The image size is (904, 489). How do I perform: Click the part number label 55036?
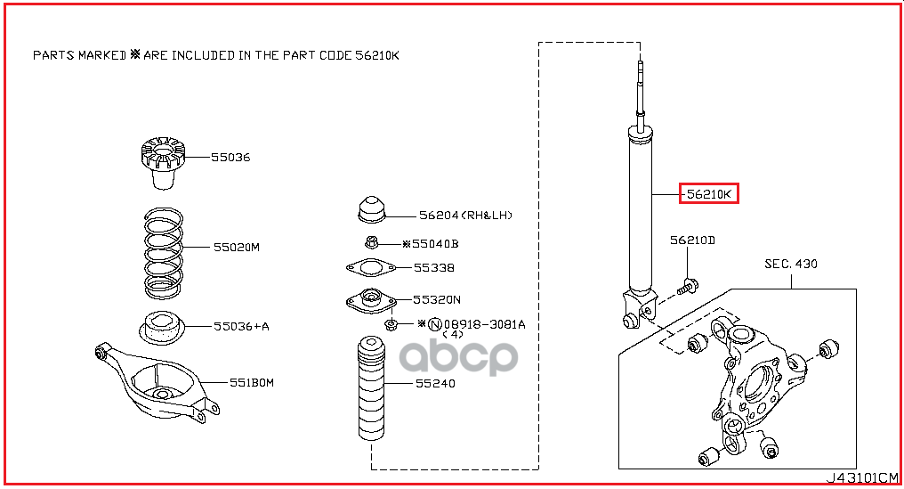click(230, 157)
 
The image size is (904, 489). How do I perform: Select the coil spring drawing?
click(163, 254)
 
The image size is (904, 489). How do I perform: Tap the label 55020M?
click(237, 247)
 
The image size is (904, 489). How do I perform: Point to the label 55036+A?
click(241, 326)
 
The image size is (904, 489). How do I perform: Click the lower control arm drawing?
click(157, 383)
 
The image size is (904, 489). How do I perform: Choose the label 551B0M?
click(252, 382)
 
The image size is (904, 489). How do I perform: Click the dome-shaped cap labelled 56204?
click(371, 209)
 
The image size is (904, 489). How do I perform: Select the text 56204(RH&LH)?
click(466, 215)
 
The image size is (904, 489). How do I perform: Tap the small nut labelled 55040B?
click(372, 242)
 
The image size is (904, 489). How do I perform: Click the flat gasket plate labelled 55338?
click(371, 267)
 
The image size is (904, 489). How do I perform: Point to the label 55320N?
click(437, 299)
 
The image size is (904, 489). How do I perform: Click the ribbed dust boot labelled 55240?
click(371, 388)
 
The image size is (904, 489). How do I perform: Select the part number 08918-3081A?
click(484, 324)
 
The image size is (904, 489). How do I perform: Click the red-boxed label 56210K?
click(709, 194)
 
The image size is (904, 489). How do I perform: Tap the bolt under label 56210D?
click(688, 286)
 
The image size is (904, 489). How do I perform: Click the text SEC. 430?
click(791, 264)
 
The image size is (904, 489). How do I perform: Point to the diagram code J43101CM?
click(862, 477)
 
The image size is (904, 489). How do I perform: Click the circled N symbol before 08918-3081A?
click(435, 325)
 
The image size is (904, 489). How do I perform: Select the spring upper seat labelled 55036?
click(163, 162)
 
